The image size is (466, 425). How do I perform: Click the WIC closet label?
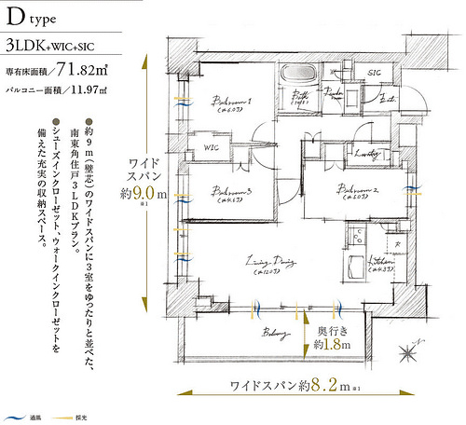pos(212,146)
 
